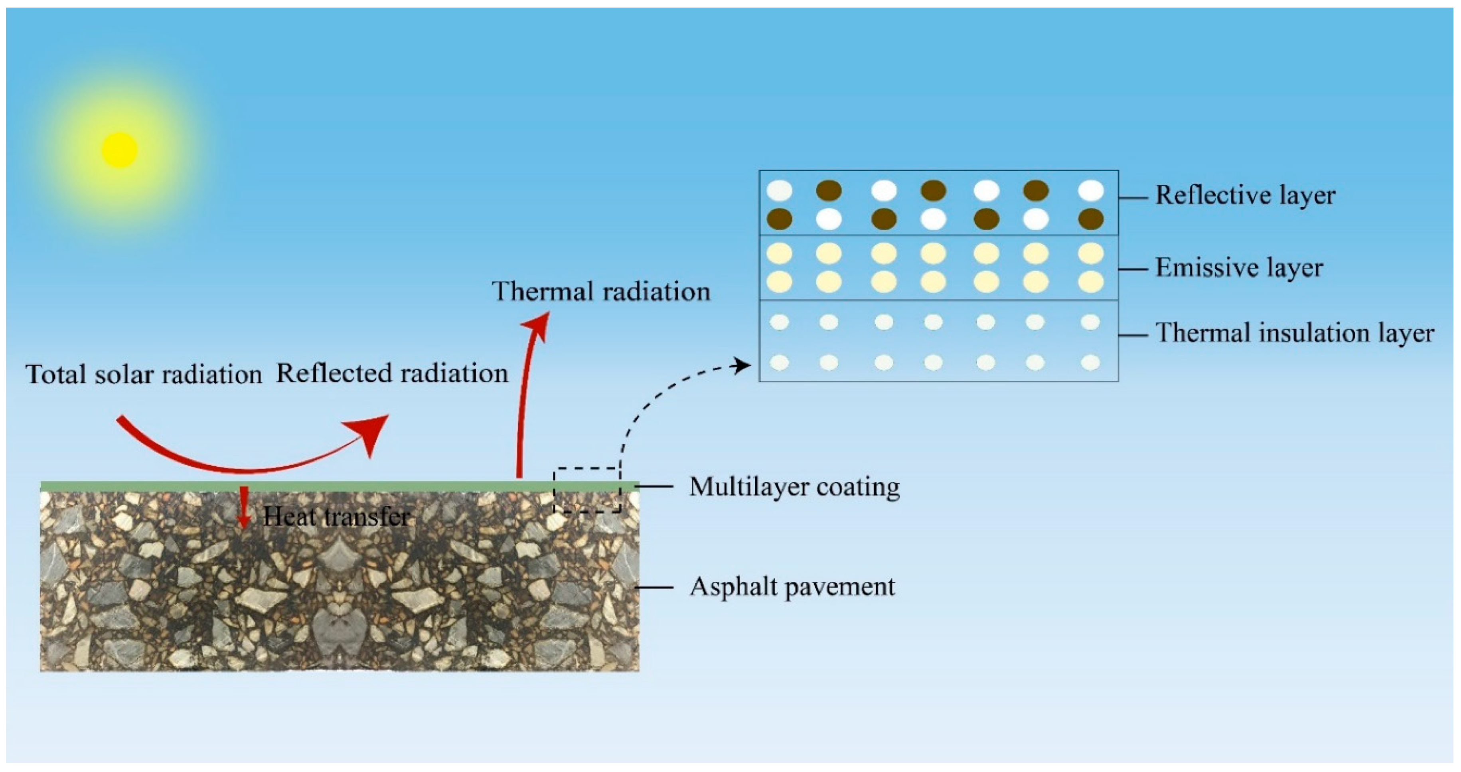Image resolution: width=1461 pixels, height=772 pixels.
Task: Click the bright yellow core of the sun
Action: (119, 150)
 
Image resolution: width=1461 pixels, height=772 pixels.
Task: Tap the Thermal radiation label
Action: (600, 292)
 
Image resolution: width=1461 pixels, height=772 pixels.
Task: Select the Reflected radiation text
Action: (392, 374)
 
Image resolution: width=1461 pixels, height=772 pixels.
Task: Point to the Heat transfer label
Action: (336, 517)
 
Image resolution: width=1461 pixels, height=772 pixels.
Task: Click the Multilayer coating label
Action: (794, 487)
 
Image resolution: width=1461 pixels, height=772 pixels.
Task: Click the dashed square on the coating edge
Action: (587, 490)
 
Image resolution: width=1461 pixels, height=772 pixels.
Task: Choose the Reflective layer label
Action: (1245, 195)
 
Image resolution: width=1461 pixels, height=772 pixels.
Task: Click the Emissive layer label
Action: (1239, 268)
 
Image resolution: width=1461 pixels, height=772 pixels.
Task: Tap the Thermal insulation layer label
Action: (1294, 333)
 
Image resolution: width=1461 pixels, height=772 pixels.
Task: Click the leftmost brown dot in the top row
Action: (829, 191)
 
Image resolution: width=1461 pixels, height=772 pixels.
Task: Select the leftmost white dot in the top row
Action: (779, 191)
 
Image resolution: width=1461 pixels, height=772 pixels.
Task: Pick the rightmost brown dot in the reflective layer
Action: (1090, 219)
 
